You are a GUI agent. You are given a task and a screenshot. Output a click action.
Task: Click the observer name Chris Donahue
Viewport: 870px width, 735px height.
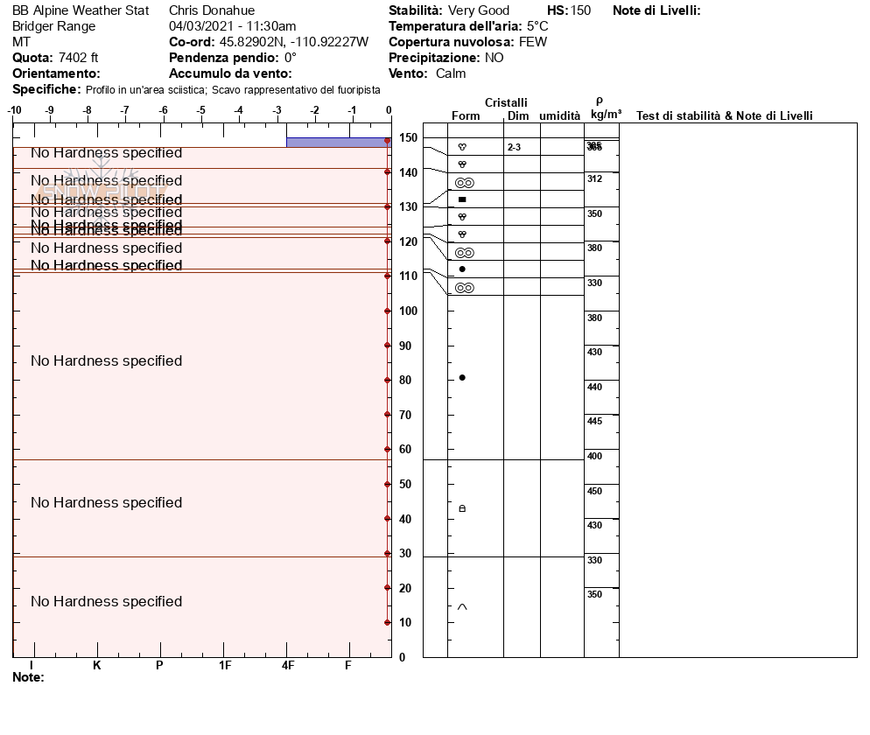pos(211,10)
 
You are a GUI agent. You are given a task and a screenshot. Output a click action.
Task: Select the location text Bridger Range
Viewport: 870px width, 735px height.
pos(54,26)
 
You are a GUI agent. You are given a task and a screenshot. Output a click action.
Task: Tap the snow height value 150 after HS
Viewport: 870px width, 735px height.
pos(580,10)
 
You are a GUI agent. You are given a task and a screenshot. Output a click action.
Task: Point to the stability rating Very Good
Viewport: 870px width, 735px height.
pos(478,10)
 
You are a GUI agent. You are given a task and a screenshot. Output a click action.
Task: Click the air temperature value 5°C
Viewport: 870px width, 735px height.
pos(537,26)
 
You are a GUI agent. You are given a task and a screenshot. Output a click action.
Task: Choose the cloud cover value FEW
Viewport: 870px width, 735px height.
pos(533,42)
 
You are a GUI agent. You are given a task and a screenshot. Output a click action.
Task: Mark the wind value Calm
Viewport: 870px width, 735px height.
pos(451,73)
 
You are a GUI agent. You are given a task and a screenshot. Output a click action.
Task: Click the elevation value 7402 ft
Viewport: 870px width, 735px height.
pos(79,58)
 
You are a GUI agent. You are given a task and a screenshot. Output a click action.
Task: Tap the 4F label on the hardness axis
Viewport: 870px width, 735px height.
pos(288,666)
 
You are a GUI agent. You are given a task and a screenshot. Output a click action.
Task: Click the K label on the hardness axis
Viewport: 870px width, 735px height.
pos(96,666)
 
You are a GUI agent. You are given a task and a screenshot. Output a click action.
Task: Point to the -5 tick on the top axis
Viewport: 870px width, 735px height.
pos(200,110)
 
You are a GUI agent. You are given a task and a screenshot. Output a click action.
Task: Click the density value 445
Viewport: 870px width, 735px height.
pos(595,422)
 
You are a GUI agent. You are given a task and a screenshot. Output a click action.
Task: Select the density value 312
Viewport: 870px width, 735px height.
pos(595,179)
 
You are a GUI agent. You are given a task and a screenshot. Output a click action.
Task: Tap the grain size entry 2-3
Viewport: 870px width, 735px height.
pos(514,148)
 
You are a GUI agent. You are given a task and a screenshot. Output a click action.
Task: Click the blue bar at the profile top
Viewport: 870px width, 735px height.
pos(337,142)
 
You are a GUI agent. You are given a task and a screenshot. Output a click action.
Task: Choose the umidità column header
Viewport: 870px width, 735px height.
pos(560,116)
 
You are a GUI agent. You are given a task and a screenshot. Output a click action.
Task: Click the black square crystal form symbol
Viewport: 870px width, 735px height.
pos(462,199)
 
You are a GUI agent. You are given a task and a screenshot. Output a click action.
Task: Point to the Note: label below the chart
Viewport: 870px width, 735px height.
pos(28,677)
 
